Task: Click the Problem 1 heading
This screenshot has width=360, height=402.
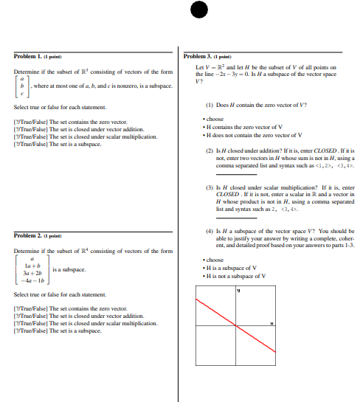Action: [x=37, y=56]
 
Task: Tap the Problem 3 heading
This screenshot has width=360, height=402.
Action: [x=207, y=56]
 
